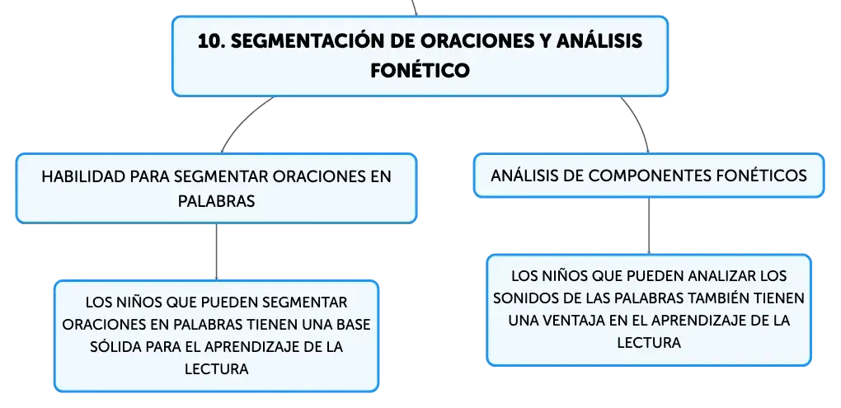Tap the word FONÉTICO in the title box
click(x=420, y=70)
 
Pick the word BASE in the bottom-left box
click(x=351, y=325)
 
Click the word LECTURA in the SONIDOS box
click(x=649, y=343)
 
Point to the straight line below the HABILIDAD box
click(x=216, y=251)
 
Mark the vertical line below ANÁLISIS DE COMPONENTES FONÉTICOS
click(x=649, y=226)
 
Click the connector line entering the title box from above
click(x=414, y=7)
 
